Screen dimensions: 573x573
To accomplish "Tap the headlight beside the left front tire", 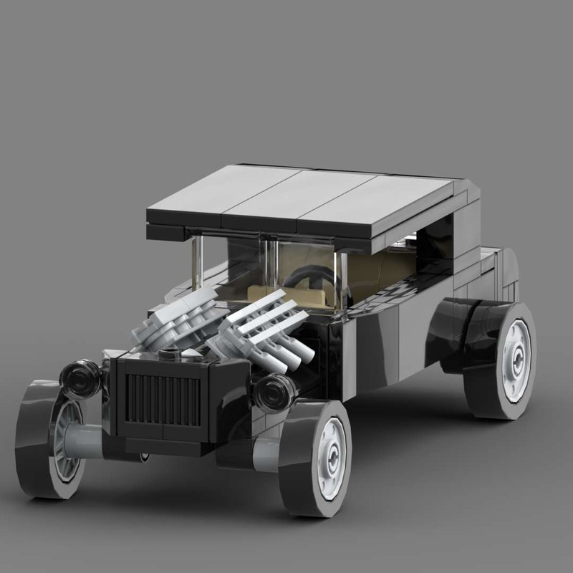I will click(81, 377).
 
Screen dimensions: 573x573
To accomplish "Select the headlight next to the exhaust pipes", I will click(275, 391).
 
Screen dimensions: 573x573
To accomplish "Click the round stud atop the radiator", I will click(170, 353).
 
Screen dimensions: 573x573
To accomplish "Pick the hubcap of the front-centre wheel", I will click(331, 458).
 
